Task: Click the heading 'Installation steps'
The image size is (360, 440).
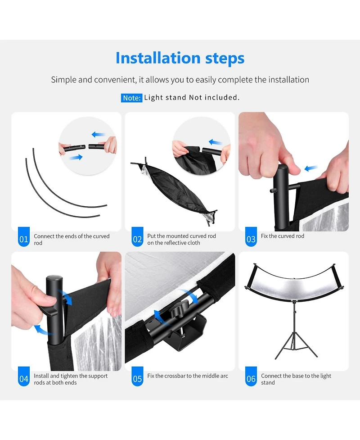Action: (x=180, y=58)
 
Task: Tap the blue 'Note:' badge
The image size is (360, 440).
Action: (x=131, y=98)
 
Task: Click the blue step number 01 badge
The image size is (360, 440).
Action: (x=24, y=237)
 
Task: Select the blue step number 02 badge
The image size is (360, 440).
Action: (x=137, y=237)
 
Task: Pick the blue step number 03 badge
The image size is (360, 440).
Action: (x=251, y=237)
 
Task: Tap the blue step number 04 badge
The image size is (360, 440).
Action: (x=24, y=376)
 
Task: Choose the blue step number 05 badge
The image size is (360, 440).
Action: (x=137, y=376)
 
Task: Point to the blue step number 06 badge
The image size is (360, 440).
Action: (x=251, y=376)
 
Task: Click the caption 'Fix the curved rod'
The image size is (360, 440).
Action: (x=283, y=236)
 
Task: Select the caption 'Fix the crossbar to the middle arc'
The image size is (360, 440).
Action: (x=188, y=376)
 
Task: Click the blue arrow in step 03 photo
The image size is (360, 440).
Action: (x=311, y=168)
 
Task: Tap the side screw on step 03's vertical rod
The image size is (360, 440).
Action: (x=272, y=191)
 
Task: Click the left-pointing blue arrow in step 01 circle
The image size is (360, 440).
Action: (x=99, y=134)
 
